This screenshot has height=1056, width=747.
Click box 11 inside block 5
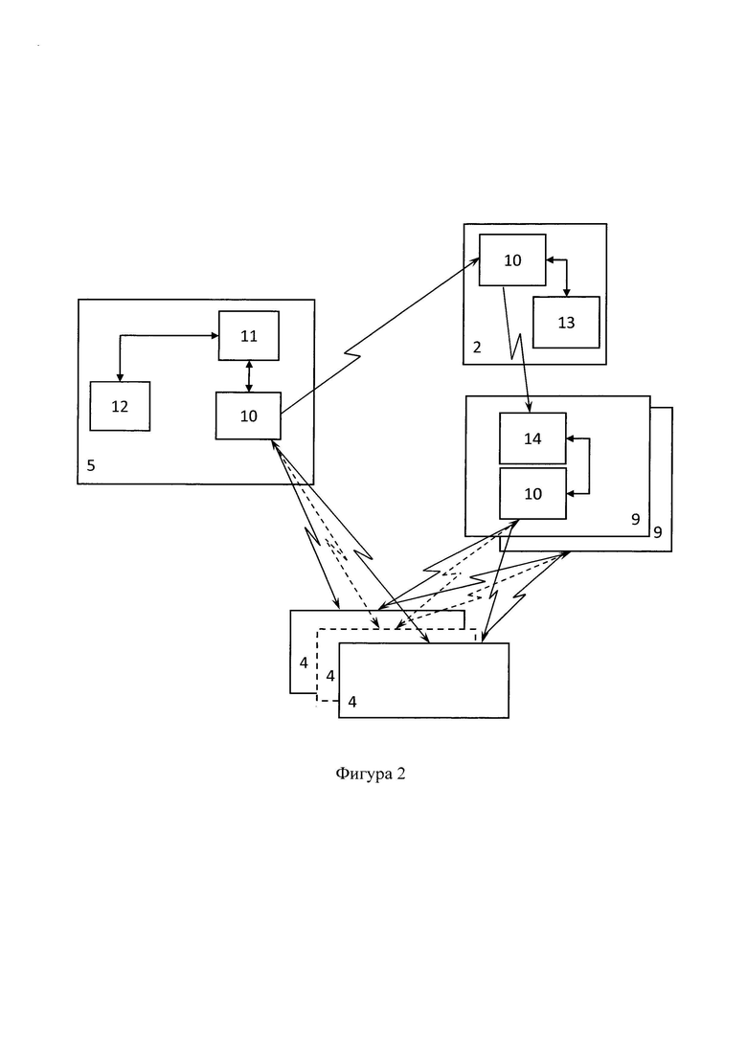249,335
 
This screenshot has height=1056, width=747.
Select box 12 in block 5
120,406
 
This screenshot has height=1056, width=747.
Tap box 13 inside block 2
566,322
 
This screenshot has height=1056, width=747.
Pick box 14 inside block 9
532,438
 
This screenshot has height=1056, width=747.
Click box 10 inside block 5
248,416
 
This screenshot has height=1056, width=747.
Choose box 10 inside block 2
512,260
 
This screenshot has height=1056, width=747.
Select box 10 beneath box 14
532,494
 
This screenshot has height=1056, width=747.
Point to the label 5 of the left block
91,465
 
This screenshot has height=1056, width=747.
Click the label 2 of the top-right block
477,348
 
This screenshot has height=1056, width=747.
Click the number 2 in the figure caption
401,774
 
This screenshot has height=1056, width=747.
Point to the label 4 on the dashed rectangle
330,676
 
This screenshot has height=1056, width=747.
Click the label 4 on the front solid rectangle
352,702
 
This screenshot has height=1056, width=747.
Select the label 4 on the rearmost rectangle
304,663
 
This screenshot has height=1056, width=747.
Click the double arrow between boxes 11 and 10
249,376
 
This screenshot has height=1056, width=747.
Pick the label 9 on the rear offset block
658,532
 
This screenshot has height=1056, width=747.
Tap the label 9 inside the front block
635,519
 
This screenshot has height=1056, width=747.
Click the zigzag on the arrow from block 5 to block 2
352,354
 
